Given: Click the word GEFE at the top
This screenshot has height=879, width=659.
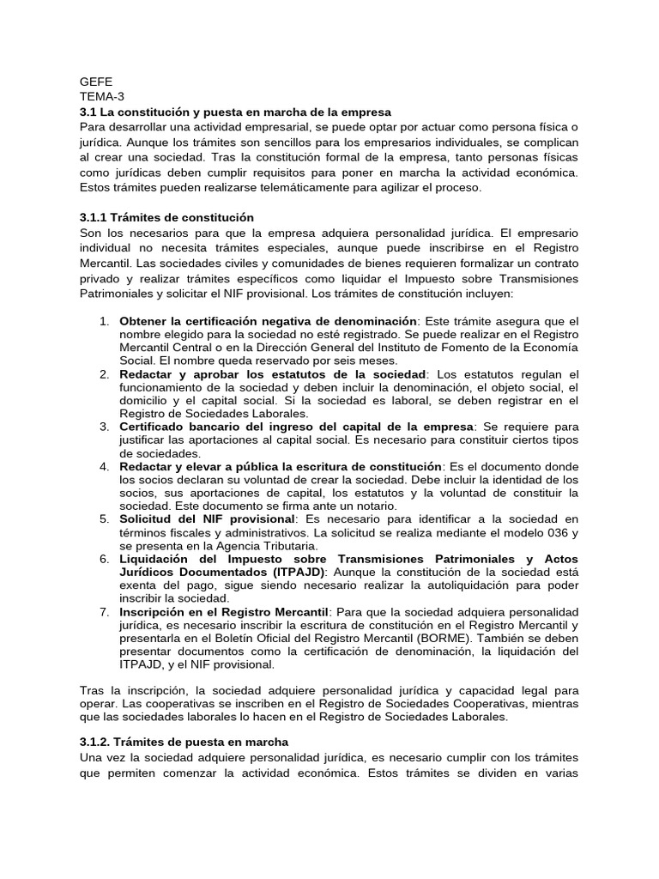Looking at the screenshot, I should (x=95, y=82).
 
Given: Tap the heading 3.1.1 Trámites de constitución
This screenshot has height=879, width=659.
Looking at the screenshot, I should (x=167, y=217).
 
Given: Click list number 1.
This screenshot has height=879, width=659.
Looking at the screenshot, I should (x=103, y=321).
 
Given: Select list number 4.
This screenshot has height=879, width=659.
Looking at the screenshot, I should (x=103, y=466).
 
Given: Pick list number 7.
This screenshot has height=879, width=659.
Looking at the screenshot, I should (x=103, y=611).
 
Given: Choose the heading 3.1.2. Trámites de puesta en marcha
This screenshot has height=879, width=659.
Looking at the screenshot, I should (x=184, y=741).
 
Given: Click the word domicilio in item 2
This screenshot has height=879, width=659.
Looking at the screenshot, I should (x=146, y=400).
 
